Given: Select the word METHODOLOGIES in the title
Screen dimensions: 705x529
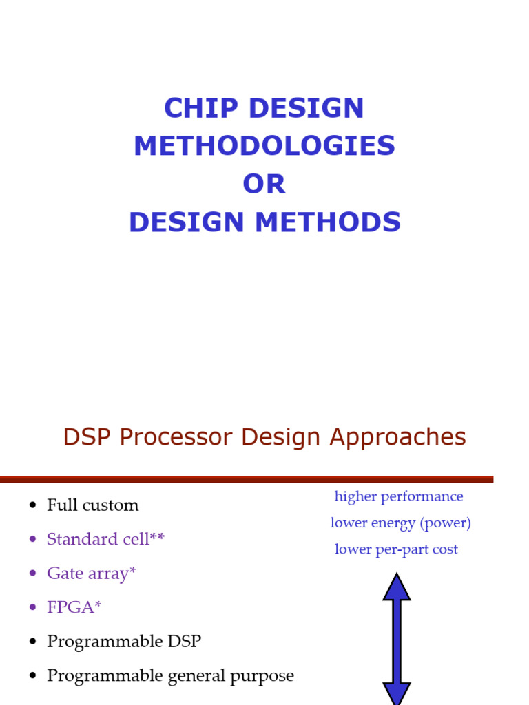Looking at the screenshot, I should click(264, 146).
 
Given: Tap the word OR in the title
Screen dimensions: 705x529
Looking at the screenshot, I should click(264, 184).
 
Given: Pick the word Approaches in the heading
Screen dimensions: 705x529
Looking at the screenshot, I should click(398, 438).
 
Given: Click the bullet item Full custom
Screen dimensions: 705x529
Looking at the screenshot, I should click(92, 505).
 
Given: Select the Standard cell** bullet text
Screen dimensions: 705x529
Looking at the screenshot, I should click(105, 539).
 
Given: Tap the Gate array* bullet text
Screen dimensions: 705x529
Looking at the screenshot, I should click(91, 574).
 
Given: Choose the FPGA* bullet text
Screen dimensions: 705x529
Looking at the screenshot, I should click(74, 607).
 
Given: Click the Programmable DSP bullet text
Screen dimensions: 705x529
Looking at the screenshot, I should click(124, 642).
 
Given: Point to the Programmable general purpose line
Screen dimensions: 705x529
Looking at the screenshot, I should click(170, 676).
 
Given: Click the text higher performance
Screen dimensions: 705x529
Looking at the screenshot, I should click(399, 496).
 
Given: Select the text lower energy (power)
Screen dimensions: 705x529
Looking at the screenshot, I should click(400, 523).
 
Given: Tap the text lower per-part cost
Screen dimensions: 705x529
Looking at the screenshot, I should click(396, 549).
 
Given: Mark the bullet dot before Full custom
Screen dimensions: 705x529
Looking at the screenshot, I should click(32, 506).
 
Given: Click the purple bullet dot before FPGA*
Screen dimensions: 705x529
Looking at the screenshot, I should click(32, 608).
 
